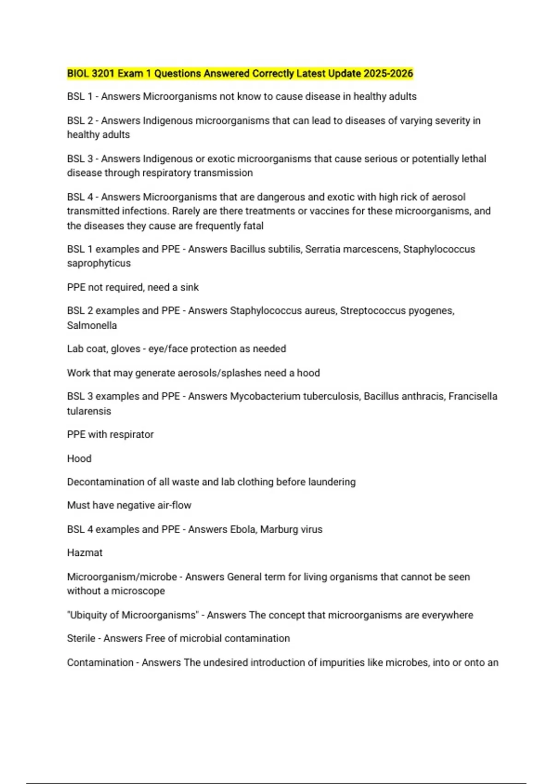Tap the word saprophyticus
click(x=99, y=264)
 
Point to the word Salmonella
click(x=92, y=326)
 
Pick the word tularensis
click(x=89, y=411)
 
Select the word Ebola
click(x=242, y=529)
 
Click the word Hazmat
click(x=85, y=553)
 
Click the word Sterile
click(x=81, y=639)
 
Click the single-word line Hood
click(x=79, y=459)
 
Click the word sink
click(x=189, y=288)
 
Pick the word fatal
click(x=253, y=226)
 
